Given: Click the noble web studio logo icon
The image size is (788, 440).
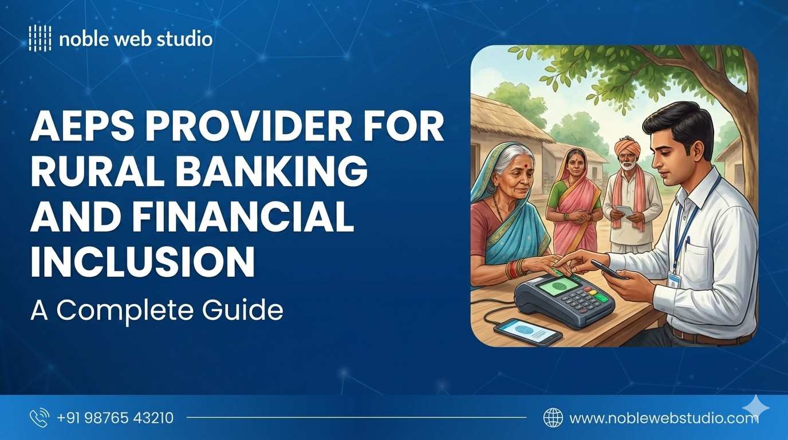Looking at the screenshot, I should tap(40, 38).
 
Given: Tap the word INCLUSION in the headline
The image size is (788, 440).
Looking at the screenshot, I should tap(142, 262).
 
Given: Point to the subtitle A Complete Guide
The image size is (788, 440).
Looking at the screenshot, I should tap(156, 310).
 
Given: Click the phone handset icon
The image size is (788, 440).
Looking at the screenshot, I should tap(40, 418).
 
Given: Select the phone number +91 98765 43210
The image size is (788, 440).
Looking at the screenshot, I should tap(115, 418).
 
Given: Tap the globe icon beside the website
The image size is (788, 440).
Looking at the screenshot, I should tap(553, 418).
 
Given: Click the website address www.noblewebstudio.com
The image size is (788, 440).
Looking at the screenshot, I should tap(664, 418).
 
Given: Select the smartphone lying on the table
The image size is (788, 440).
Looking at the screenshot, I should tap(527, 331).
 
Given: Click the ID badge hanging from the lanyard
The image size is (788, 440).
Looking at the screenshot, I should tap(674, 278).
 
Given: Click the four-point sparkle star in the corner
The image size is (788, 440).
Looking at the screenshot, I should tap(755, 406).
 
